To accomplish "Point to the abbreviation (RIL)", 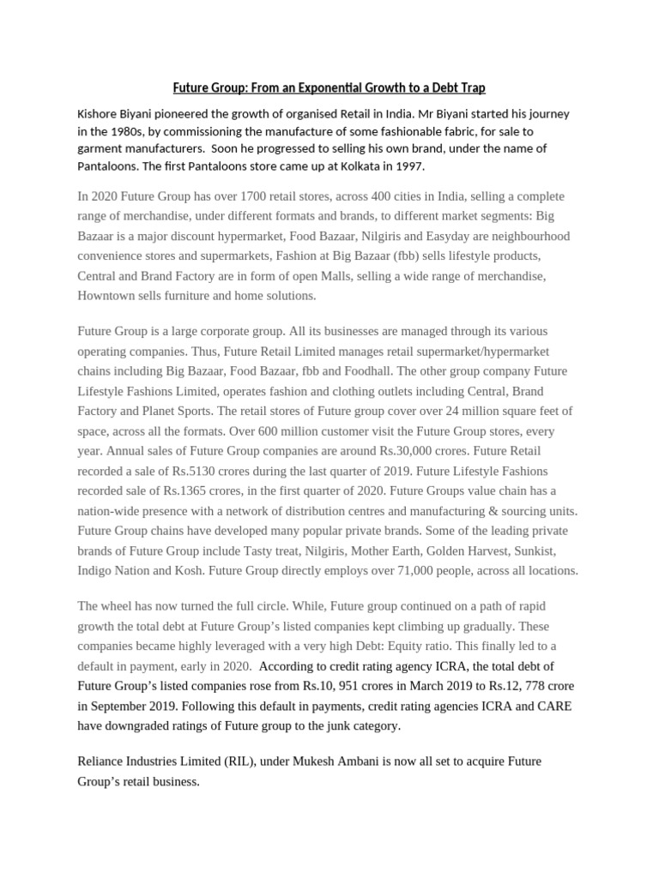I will point(235,761).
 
